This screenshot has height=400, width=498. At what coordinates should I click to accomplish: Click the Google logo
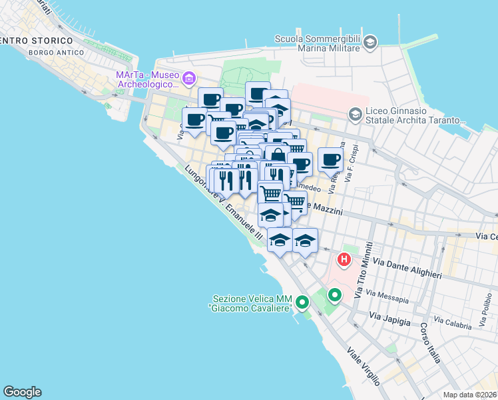point(22,392)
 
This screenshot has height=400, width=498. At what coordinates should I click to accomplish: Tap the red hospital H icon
point(344,259)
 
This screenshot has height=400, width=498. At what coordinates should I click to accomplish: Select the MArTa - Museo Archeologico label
point(147,79)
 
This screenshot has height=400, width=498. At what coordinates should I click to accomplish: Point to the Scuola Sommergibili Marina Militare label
point(319,43)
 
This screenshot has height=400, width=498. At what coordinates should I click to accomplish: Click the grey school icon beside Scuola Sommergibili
point(370,43)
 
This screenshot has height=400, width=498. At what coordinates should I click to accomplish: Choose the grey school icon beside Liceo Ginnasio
point(356,115)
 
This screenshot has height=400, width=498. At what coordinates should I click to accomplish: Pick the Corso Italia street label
point(431,343)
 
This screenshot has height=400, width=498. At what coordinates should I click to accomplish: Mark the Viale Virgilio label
point(364,366)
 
